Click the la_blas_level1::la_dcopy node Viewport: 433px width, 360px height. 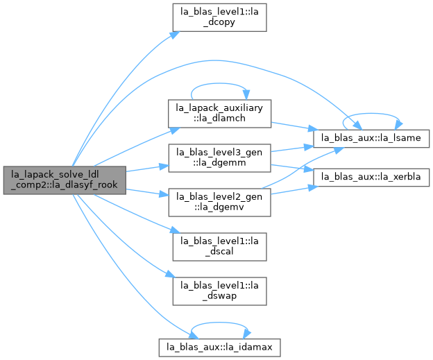pyautogui.click(x=219, y=17)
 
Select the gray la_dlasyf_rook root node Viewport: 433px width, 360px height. pyautogui.click(x=65, y=180)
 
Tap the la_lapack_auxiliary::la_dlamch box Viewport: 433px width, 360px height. pyautogui.click(x=219, y=114)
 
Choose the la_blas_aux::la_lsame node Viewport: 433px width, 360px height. pyautogui.click(x=371, y=138)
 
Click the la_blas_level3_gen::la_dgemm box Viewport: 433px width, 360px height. pyautogui.click(x=219, y=158)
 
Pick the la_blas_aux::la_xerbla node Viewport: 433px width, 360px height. pyautogui.click(x=371, y=177)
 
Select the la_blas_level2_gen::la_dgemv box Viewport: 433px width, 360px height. pyautogui.click(x=219, y=203)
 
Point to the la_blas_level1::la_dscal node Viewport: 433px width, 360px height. pyautogui.click(x=219, y=247)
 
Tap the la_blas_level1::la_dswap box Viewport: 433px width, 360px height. pyautogui.click(x=219, y=291)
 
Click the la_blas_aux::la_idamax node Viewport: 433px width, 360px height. pyautogui.click(x=219, y=348)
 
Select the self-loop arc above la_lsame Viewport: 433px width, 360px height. pyautogui.click(x=371, y=113)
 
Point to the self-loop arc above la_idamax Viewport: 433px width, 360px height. pyautogui.click(x=219, y=323)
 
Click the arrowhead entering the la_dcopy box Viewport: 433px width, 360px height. pyautogui.click(x=175, y=35)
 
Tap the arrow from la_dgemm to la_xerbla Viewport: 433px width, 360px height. pyautogui.click(x=292, y=168)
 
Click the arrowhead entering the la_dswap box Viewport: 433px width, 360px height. pyautogui.click(x=171, y=275)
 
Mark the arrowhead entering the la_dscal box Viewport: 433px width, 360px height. pyautogui.click(x=175, y=230)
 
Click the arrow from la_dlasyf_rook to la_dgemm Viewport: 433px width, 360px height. pyautogui.click(x=147, y=169)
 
